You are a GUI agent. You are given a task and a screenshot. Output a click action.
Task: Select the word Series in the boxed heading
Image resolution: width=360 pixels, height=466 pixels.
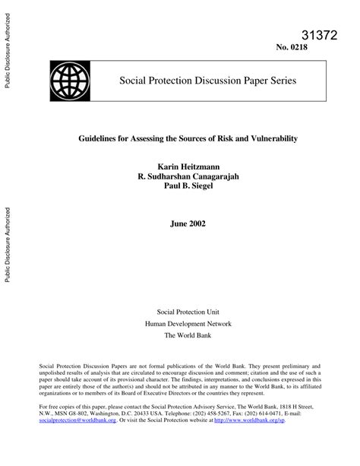point(280,80)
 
